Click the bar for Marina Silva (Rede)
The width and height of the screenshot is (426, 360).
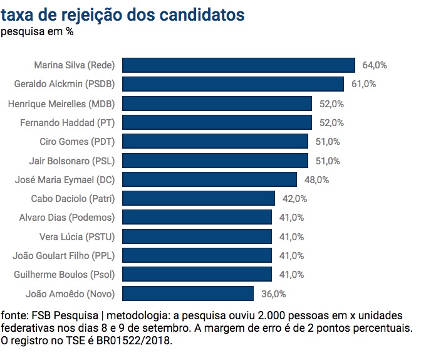point(239,65)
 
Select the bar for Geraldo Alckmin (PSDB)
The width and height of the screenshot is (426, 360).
point(233,84)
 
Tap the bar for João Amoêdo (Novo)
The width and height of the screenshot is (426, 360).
point(188,294)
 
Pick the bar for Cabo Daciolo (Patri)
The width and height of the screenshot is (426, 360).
point(199,199)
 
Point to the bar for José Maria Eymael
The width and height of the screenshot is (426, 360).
point(209,180)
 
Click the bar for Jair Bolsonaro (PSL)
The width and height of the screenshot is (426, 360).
point(215,161)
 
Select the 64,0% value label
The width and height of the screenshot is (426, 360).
point(375,65)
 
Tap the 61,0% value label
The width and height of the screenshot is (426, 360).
point(363,84)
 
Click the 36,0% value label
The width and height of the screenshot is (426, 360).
point(273,294)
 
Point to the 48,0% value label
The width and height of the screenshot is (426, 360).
point(316,180)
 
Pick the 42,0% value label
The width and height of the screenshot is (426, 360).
point(294,199)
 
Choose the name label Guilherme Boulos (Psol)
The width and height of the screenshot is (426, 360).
point(65,275)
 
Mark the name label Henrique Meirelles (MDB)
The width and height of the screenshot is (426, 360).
point(62,103)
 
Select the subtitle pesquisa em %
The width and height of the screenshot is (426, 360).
point(37,31)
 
